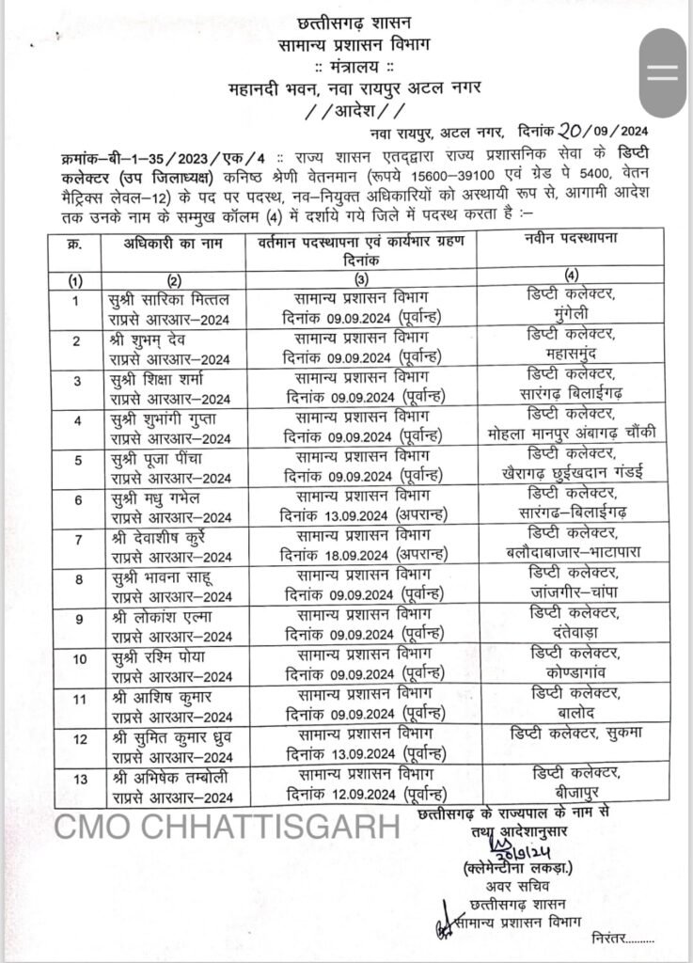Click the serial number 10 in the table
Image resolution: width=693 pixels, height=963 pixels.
pos(77,657)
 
